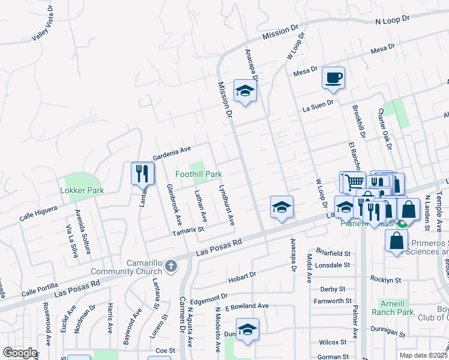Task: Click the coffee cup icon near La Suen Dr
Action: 333,77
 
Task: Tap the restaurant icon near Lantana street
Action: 143,173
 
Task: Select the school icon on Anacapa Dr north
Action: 245,91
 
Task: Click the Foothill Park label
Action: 199,174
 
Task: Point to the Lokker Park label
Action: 82,190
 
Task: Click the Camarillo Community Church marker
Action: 171,265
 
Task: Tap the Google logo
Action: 20,353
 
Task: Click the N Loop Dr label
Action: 392,20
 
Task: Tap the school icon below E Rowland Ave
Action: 247,329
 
